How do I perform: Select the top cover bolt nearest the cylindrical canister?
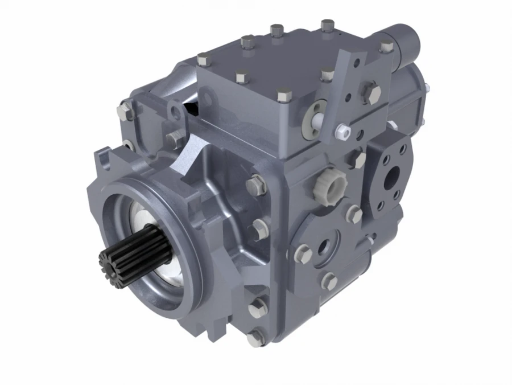327,26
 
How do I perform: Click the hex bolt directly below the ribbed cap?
354,214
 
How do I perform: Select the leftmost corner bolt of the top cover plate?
203,59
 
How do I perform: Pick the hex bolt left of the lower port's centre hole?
303,252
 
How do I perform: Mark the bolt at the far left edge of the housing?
125,111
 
